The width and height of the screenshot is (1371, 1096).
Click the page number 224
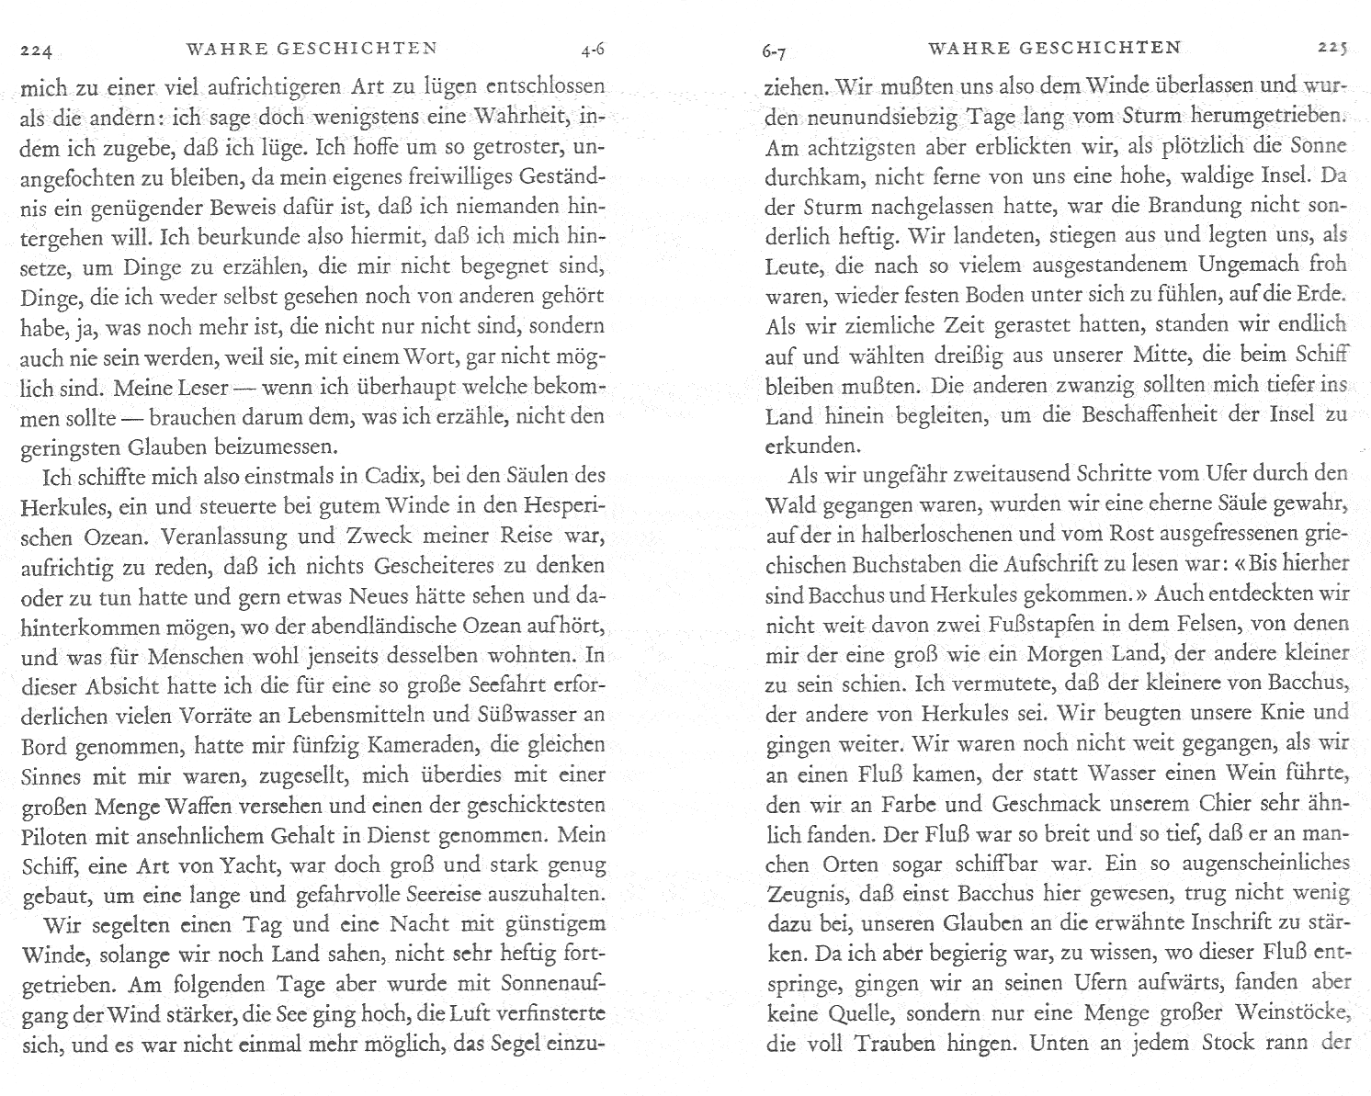click(x=39, y=51)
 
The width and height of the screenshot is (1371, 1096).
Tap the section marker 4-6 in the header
click(x=585, y=49)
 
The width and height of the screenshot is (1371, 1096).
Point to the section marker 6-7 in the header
click(x=777, y=52)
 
